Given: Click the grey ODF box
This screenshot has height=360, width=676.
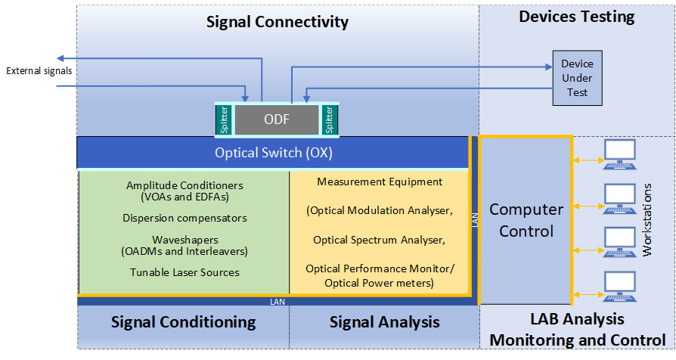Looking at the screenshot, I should pos(277,119).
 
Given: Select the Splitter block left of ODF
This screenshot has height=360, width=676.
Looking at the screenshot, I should pos(224,119).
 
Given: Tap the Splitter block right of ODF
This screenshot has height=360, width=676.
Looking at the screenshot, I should pos(329,119).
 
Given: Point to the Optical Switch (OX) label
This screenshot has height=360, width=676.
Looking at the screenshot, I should pos(274,153).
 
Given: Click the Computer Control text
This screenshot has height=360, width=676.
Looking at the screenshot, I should pos(526,219).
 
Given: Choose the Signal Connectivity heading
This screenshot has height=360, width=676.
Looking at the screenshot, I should pos(278,22).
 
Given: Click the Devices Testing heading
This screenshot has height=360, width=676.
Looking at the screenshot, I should pos(576,17).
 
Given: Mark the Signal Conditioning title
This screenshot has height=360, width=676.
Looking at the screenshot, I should pos(183,322).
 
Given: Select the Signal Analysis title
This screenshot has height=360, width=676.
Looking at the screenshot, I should pos(384,322).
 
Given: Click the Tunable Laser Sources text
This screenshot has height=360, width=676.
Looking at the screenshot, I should pos(185,272).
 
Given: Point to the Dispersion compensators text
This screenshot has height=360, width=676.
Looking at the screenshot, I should pos(185,218).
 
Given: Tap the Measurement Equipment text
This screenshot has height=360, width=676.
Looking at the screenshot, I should pos(380,182).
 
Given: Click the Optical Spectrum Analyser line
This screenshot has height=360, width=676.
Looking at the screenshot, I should pos(380,240).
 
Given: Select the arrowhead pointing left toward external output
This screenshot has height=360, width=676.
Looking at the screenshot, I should pos(62,58).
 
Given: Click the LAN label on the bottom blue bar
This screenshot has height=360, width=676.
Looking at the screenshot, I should pos(277,302).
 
